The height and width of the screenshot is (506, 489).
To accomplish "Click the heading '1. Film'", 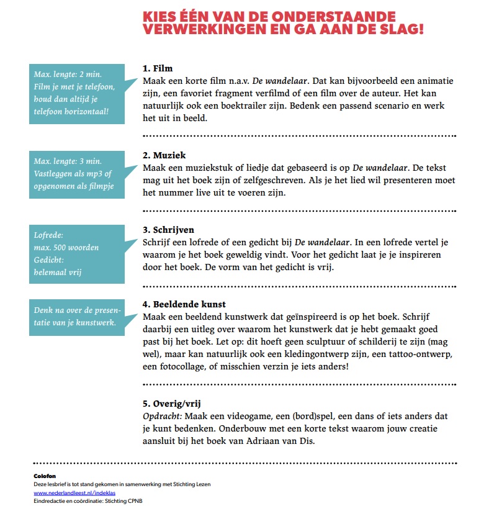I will [158, 68].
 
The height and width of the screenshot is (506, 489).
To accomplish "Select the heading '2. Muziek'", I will [164, 155].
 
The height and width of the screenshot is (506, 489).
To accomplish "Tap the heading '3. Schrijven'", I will [168, 230].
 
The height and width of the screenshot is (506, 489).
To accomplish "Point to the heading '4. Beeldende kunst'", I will [184, 304].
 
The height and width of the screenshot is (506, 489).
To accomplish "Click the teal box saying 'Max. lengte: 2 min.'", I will [77, 93].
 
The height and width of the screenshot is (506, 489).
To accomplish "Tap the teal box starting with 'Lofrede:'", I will [77, 253].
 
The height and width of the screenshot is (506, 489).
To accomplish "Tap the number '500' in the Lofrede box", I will [60, 248].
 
